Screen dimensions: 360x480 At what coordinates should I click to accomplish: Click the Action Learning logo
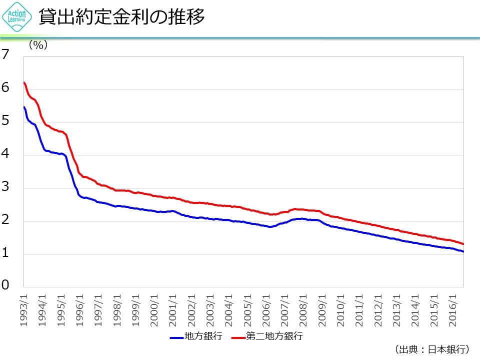[x=17, y=18]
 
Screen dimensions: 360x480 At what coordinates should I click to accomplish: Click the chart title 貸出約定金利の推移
[x=122, y=17]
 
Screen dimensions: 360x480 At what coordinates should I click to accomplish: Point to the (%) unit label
[x=37, y=45]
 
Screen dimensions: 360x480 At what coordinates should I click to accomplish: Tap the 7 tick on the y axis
[x=5, y=55]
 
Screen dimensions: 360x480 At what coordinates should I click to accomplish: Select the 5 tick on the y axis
[x=5, y=121]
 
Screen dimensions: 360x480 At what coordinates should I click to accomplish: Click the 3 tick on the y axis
[x=5, y=187]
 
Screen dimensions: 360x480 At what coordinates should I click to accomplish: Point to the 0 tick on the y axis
[x=5, y=285]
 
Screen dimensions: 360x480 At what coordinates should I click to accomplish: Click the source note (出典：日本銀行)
[x=431, y=349]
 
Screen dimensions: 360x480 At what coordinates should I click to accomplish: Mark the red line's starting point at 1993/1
[x=24, y=82]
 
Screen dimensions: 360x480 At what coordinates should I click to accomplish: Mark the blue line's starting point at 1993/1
[x=24, y=107]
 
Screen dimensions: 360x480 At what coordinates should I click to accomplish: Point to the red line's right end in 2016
[x=463, y=243]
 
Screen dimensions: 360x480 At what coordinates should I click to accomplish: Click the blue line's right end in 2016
[x=463, y=251]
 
